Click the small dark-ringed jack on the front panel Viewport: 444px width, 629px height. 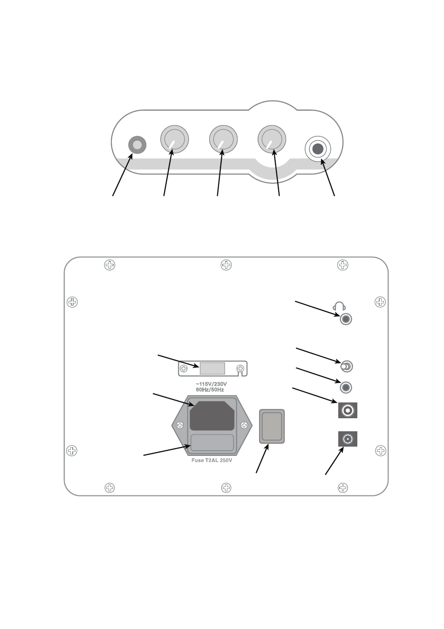pyautogui.click(x=137, y=145)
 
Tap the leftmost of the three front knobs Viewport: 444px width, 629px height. pyautogui.click(x=174, y=139)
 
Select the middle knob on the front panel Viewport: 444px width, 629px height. pyautogui.click(x=223, y=139)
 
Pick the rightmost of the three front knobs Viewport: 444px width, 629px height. pyautogui.click(x=272, y=139)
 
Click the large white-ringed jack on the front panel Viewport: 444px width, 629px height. pyautogui.click(x=318, y=149)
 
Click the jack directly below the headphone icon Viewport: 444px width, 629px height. pyautogui.click(x=346, y=319)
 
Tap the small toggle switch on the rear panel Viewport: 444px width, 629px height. pyautogui.click(x=347, y=367)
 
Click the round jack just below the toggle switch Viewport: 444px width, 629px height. pyautogui.click(x=346, y=388)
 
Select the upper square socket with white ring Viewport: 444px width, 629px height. pyautogui.click(x=348, y=410)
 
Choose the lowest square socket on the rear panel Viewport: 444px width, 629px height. pyautogui.click(x=348, y=439)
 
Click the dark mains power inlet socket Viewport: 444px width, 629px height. pyautogui.click(x=212, y=416)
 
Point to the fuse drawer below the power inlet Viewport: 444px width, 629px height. pyautogui.click(x=212, y=443)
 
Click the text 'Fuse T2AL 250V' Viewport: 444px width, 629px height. pyautogui.click(x=212, y=460)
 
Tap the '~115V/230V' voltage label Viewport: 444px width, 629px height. pyautogui.click(x=211, y=384)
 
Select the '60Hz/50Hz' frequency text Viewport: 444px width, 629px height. pyautogui.click(x=210, y=390)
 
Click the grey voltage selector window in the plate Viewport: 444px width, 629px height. pyautogui.click(x=212, y=368)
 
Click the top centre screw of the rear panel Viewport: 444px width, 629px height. pyautogui.click(x=226, y=265)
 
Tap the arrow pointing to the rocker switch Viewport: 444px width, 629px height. pyautogui.click(x=262, y=459)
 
